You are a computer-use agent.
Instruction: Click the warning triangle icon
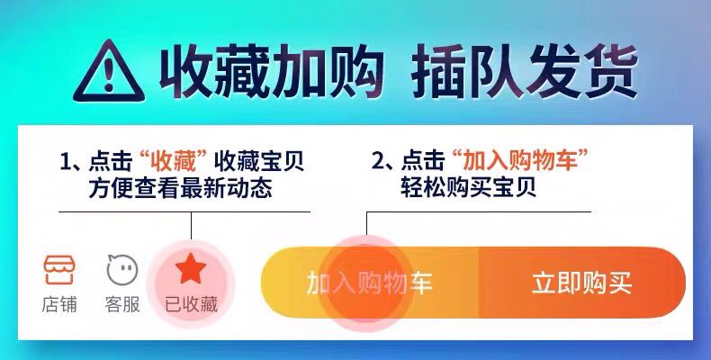click(x=109, y=72)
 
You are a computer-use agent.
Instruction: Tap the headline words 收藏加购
click(x=272, y=72)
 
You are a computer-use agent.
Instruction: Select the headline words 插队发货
click(x=525, y=72)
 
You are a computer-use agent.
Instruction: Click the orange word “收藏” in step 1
click(x=173, y=161)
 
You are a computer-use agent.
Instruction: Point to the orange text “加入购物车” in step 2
click(x=519, y=161)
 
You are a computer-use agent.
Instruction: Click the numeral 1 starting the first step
click(x=67, y=162)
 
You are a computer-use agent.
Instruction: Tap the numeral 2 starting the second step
click(x=378, y=161)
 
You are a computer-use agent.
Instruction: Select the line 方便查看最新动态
click(x=181, y=188)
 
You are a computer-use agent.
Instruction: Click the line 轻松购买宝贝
click(x=468, y=188)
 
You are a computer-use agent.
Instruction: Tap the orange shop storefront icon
click(x=59, y=270)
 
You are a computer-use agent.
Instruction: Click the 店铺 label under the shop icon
click(x=59, y=304)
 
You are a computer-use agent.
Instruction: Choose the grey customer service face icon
click(x=122, y=270)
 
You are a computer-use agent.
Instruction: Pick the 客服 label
click(x=122, y=304)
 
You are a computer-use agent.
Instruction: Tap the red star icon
click(x=191, y=269)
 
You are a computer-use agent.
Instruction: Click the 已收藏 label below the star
click(x=191, y=304)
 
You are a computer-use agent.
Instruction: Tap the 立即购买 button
click(x=582, y=283)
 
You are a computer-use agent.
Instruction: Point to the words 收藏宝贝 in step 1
click(x=259, y=161)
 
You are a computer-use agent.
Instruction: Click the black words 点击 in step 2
click(x=423, y=161)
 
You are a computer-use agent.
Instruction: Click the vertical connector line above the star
click(x=192, y=225)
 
